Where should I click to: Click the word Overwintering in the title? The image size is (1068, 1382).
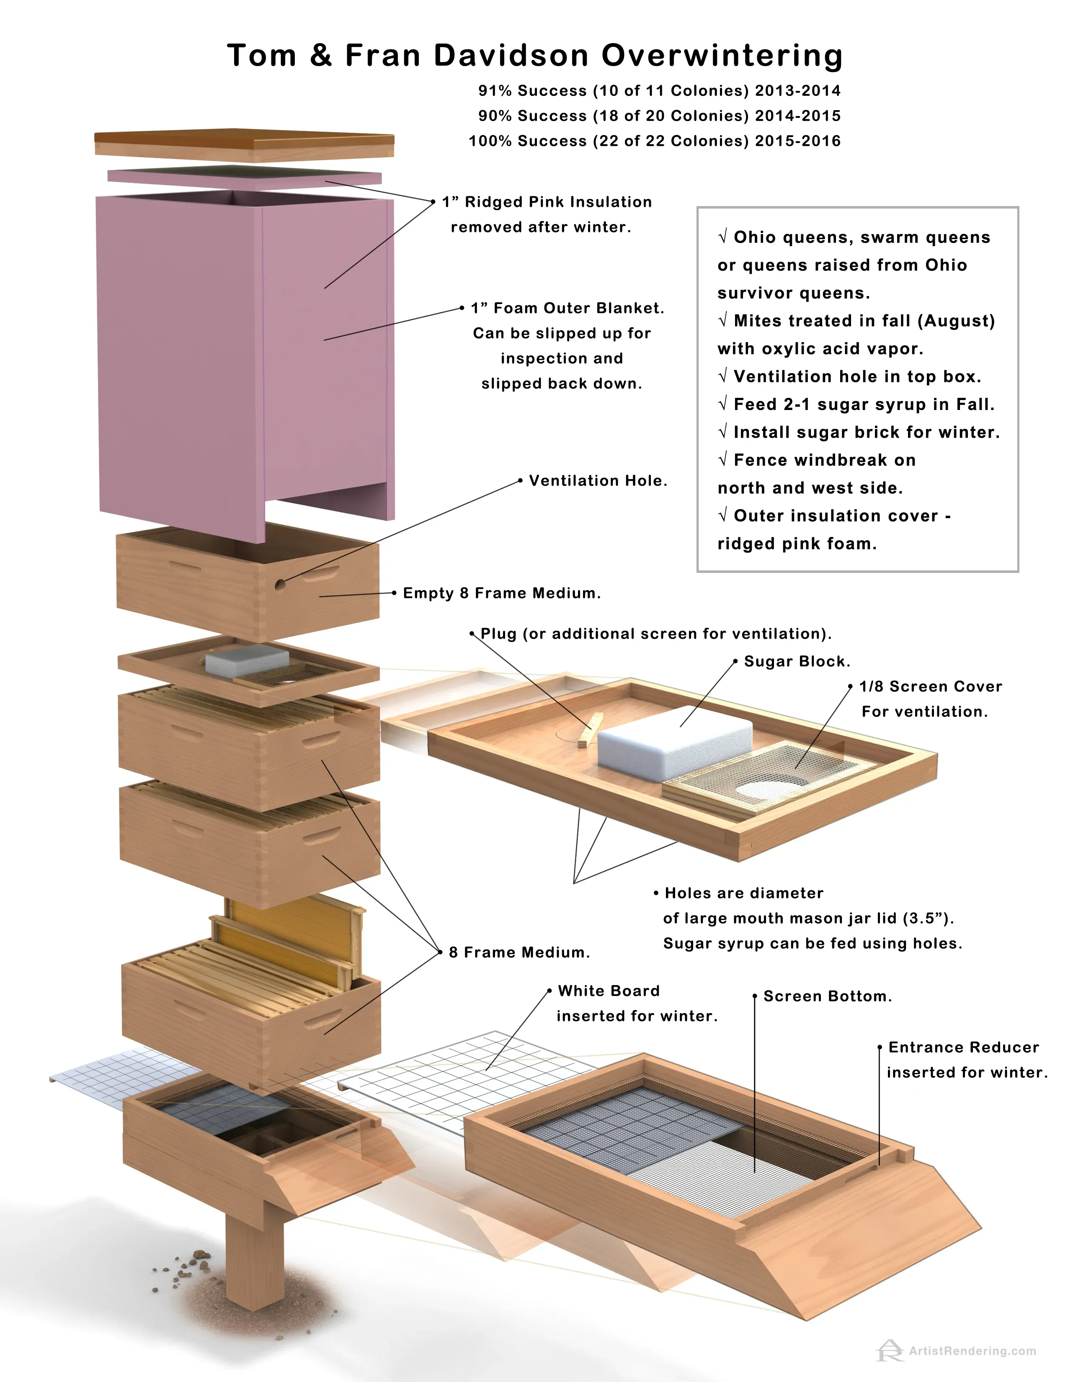click(x=721, y=56)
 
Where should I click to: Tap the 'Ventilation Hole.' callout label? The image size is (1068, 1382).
click(x=598, y=481)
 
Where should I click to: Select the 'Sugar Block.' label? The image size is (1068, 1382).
click(x=797, y=661)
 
